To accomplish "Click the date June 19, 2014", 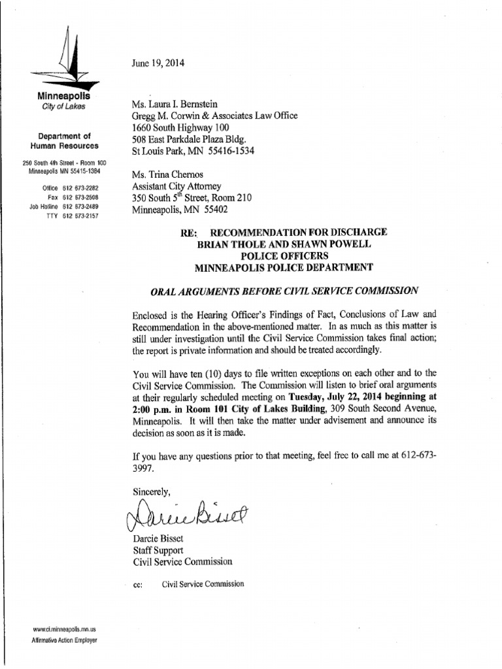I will pos(158,63).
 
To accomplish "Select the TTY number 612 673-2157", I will pos(80,216).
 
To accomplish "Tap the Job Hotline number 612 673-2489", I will pos(80,206).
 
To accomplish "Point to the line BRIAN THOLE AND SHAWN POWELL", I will pos(283,244).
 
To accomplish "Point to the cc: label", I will pos(137,585).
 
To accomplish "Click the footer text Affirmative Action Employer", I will pos(64,641).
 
